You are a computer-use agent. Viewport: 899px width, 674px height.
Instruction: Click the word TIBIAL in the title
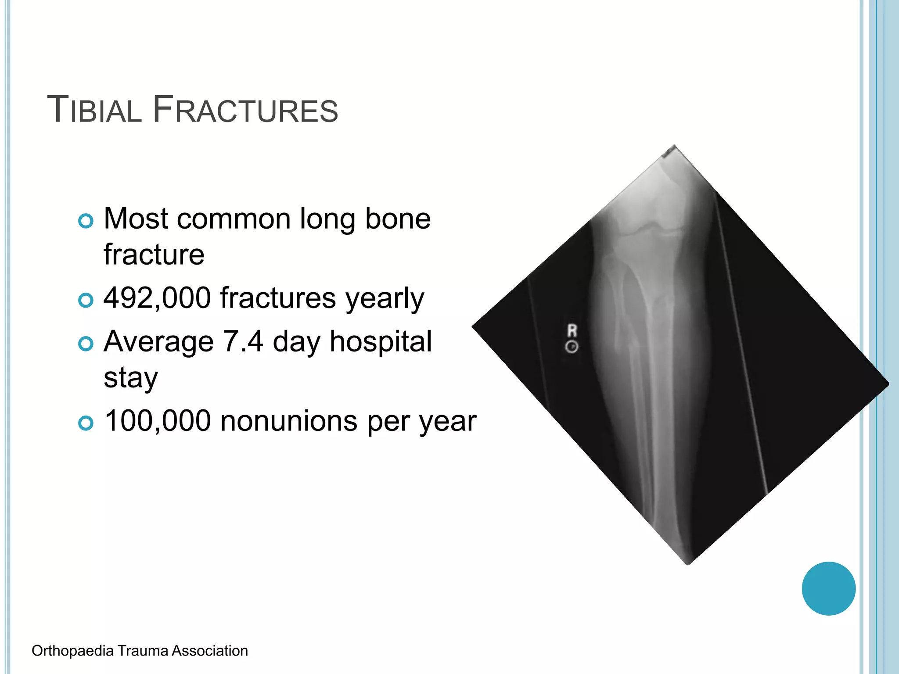pos(94,110)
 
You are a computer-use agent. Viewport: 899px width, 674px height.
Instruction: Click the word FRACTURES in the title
pos(245,110)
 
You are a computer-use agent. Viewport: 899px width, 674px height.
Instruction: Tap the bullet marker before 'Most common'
pos(86,221)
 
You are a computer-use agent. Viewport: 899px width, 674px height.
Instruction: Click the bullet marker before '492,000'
pos(86,301)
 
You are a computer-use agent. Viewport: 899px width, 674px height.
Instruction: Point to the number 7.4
pos(243,342)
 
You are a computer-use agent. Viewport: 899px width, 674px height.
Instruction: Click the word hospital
pos(381,342)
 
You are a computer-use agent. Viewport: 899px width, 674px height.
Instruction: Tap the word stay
pos(130,378)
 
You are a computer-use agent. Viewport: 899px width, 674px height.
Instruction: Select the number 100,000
pos(158,421)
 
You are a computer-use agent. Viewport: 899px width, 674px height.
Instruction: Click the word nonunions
pos(289,421)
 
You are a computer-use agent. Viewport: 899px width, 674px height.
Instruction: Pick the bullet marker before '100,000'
pos(86,423)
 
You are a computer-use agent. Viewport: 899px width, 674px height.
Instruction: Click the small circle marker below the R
pos(572,347)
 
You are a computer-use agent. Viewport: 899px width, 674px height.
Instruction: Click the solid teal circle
pos(828,588)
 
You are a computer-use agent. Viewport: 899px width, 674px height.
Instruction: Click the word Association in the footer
pos(209,651)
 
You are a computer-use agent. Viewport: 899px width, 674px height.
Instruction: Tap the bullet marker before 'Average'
pos(86,344)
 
